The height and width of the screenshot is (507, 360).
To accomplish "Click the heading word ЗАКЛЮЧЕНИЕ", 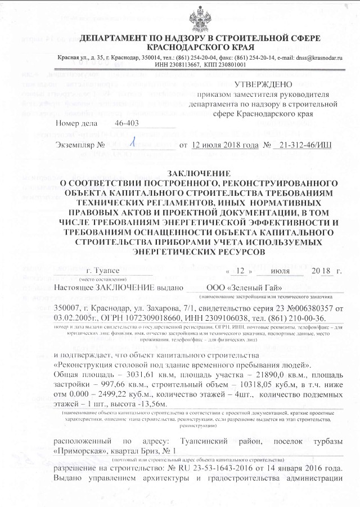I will (199, 173).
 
